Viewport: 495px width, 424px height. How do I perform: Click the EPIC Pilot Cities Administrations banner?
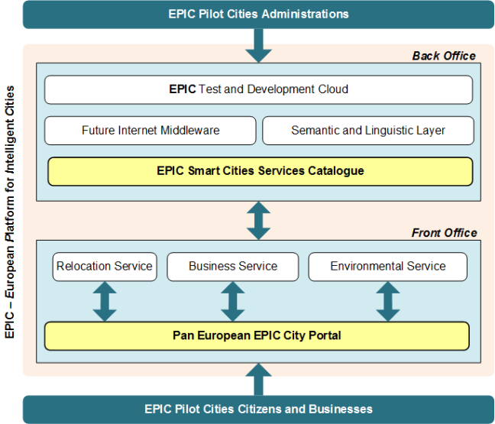[x=258, y=15]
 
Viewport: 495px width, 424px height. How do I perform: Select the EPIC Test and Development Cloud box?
[x=258, y=89]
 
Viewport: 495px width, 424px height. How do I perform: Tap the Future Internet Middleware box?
[x=150, y=131]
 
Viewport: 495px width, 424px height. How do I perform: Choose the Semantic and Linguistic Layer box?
[x=368, y=131]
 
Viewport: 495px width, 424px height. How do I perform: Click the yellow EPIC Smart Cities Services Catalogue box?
[x=260, y=171]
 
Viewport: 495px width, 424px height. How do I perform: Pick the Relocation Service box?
[x=105, y=267]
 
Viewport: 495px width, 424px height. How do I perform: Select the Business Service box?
[x=233, y=267]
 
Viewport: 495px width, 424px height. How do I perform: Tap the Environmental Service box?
[x=387, y=267]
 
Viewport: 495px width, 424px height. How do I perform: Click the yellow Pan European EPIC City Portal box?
[x=257, y=336]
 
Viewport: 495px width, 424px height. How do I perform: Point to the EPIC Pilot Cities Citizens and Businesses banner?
[x=258, y=409]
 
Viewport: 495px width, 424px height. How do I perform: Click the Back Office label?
[x=444, y=56]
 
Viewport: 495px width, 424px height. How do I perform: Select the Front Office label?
[x=444, y=233]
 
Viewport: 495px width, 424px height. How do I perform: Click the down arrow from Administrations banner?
[x=258, y=46]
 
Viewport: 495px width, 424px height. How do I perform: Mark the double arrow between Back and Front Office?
[x=258, y=221]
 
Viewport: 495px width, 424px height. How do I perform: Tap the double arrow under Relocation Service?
[x=105, y=302]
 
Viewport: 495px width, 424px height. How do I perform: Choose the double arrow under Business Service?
[x=233, y=302]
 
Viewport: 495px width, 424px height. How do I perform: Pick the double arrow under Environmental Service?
[x=388, y=302]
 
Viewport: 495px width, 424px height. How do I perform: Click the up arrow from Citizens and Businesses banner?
[x=258, y=379]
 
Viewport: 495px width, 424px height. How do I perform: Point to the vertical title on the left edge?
[x=10, y=212]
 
